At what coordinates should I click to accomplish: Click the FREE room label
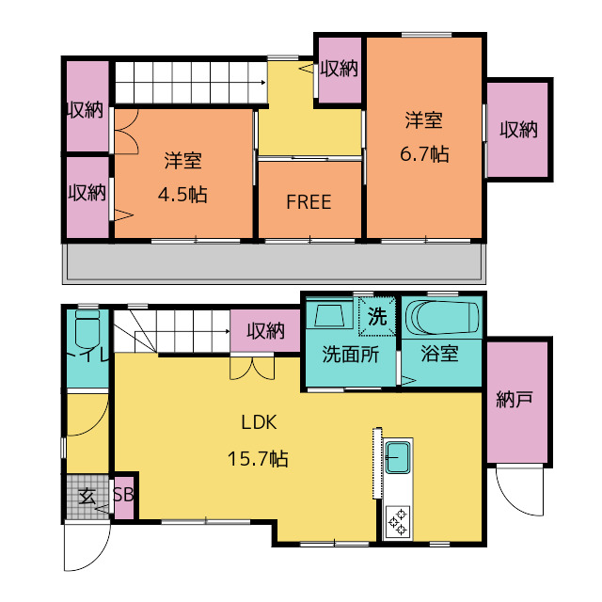pyautogui.click(x=309, y=202)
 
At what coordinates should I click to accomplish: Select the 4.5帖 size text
pyautogui.click(x=182, y=195)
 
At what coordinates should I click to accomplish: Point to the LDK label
pyautogui.click(x=257, y=421)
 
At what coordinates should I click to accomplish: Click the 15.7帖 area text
pyautogui.click(x=257, y=459)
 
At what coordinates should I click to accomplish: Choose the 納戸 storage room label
pyautogui.click(x=515, y=400)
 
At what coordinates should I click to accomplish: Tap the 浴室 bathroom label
pyautogui.click(x=439, y=355)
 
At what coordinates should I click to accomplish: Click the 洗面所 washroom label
pyautogui.click(x=350, y=355)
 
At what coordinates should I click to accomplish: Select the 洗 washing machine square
pyautogui.click(x=377, y=316)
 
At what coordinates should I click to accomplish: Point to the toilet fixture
pyautogui.click(x=87, y=331)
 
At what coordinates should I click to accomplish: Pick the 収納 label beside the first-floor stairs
pyautogui.click(x=265, y=330)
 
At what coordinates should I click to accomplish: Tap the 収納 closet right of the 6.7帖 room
pyautogui.click(x=517, y=129)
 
